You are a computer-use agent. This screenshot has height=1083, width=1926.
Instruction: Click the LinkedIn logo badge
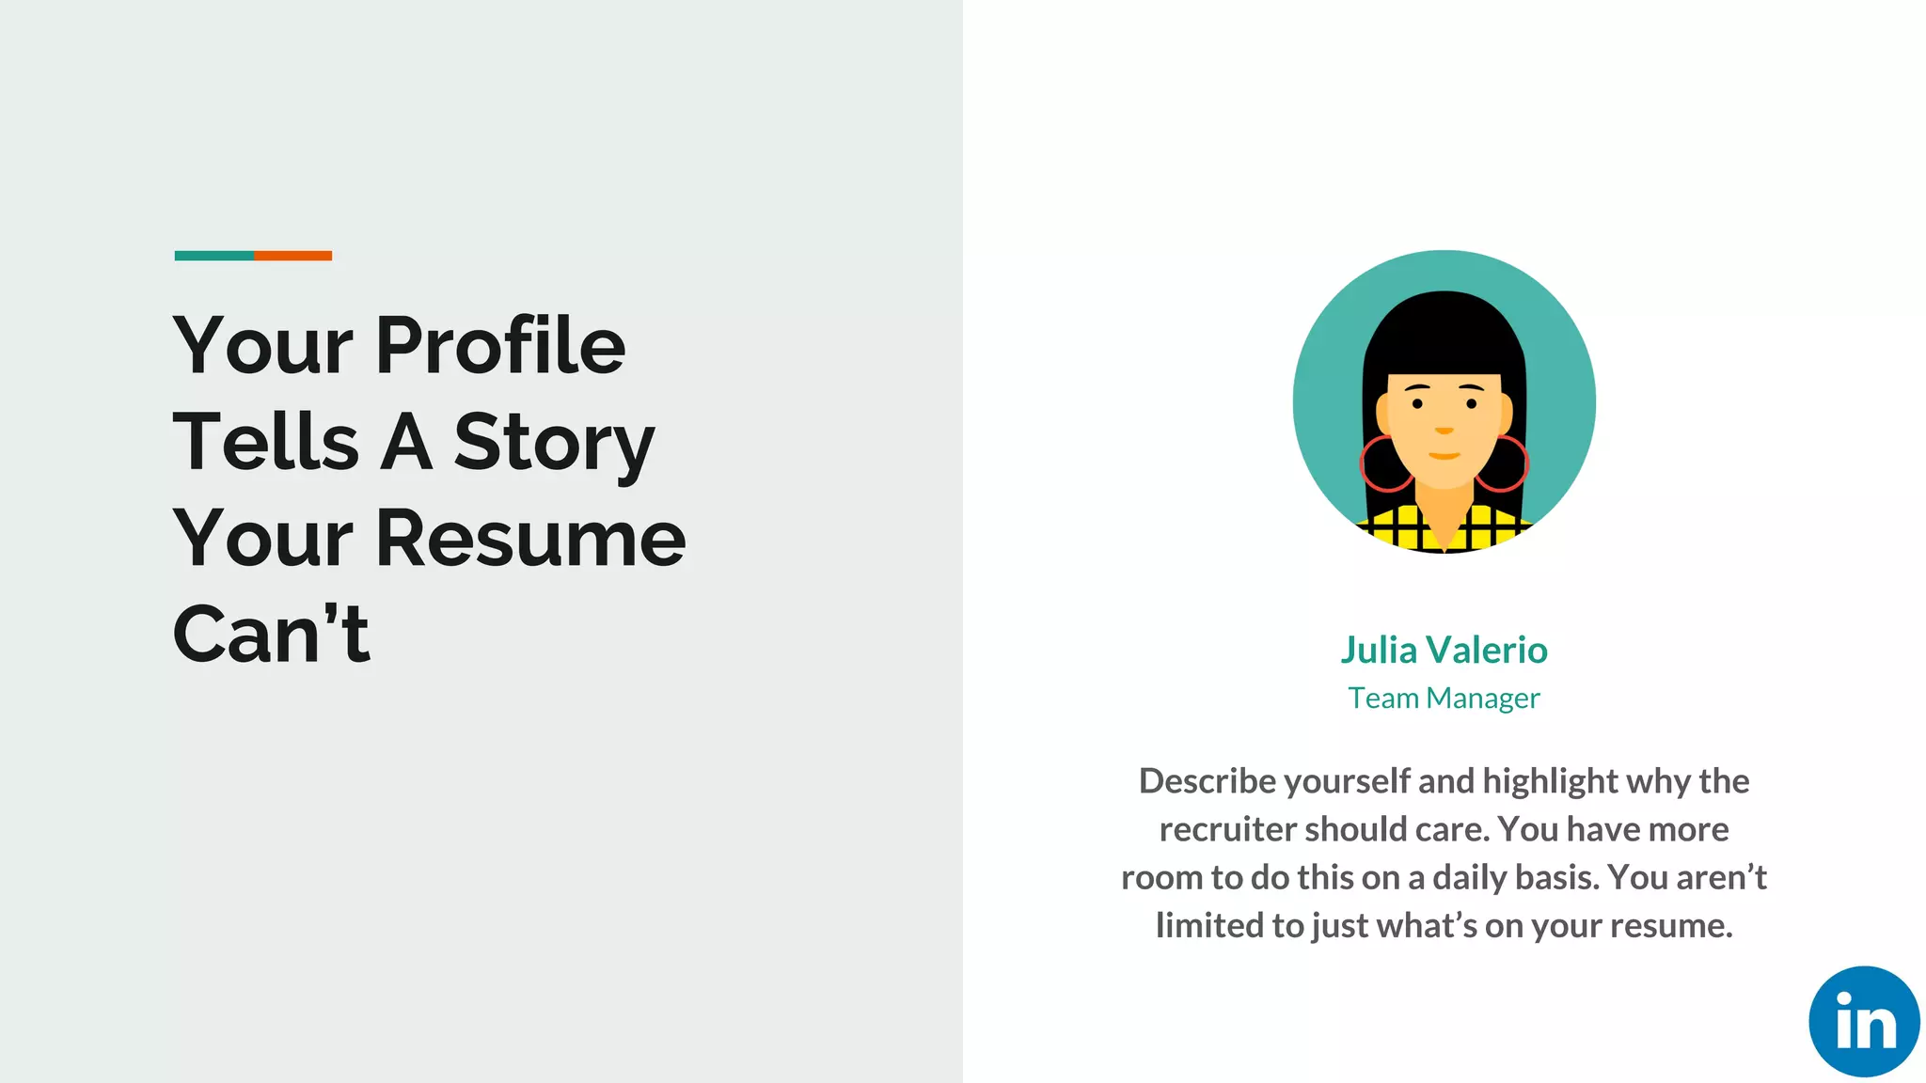point(1863,1021)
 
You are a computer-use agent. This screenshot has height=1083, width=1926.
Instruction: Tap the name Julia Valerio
point(1444,650)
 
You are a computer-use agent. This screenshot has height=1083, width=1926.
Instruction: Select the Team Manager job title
point(1444,698)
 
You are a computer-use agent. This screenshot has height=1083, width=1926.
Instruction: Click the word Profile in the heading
point(500,345)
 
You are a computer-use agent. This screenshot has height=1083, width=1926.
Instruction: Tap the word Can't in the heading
point(272,634)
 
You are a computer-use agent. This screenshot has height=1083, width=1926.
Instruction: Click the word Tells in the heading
point(265,442)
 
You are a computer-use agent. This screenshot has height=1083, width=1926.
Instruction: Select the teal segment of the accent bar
point(213,256)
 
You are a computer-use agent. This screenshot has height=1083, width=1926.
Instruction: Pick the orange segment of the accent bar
point(292,256)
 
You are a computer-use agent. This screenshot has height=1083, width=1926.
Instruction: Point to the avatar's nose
point(1444,429)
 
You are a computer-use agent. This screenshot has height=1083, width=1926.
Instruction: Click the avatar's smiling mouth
point(1444,456)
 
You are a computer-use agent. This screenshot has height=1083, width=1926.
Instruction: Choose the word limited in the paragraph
point(1209,925)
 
